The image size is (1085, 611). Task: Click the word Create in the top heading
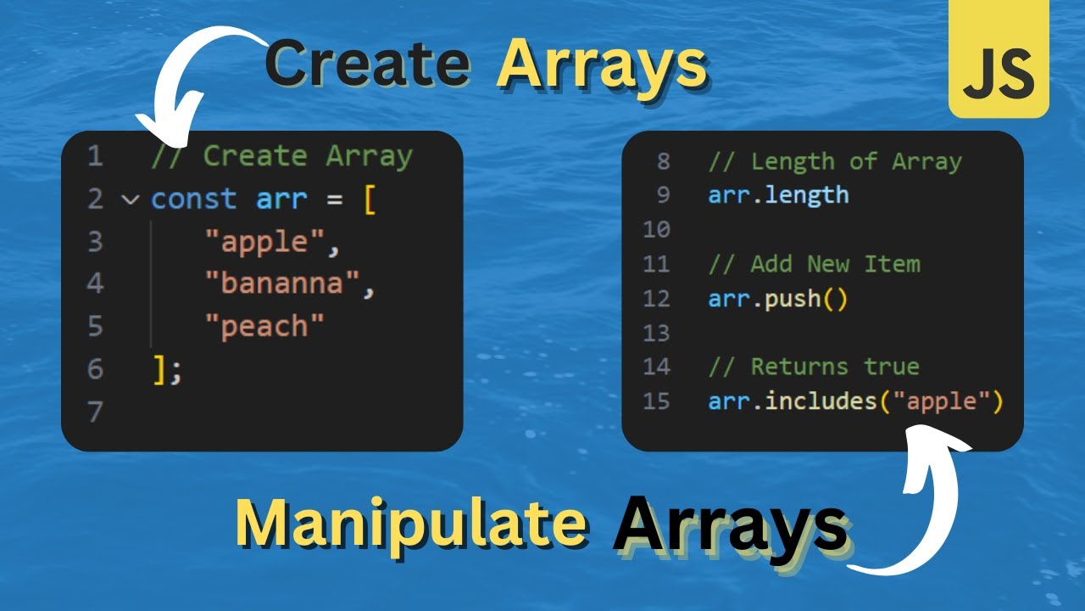coord(367,64)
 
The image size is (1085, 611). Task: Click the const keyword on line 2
coord(193,199)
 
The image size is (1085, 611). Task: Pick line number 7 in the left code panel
coord(94,412)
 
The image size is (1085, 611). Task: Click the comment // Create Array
coord(281,156)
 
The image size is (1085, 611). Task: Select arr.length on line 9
coord(778,195)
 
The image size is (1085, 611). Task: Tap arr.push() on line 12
coord(778,299)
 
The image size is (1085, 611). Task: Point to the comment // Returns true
coord(814,367)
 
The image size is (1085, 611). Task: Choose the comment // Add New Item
coord(814,264)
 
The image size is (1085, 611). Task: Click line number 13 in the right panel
coord(656,333)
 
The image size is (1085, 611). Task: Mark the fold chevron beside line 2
coord(130,200)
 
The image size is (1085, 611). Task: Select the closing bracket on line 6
coord(159,369)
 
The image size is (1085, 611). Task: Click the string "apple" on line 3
coord(264,242)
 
